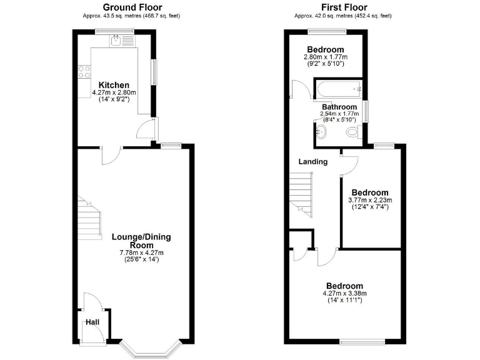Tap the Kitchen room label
[x=114, y=85]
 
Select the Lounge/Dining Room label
[x=141, y=241]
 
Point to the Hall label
[x=92, y=322]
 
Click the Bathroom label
[x=339, y=107]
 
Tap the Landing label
[x=312, y=162]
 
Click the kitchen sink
[x=116, y=41]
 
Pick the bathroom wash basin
[x=321, y=131]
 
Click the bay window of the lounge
[x=151, y=347]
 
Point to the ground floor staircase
[x=89, y=219]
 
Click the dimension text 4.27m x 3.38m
[x=344, y=294]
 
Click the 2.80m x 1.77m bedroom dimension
[x=325, y=57]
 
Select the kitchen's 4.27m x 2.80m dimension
[x=114, y=92]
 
